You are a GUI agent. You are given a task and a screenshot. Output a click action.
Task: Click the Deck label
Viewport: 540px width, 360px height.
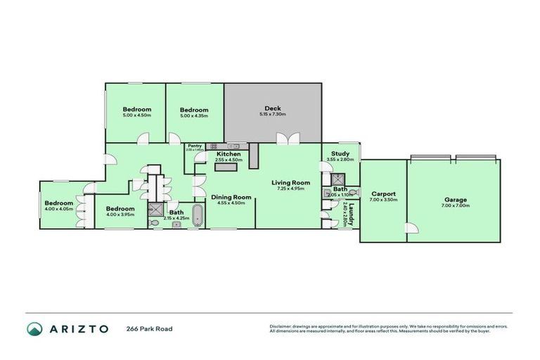[274, 108]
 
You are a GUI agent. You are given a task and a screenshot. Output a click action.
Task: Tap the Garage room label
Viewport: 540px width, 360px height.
[455, 200]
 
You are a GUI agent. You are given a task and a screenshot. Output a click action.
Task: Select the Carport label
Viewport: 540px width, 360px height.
[383, 193]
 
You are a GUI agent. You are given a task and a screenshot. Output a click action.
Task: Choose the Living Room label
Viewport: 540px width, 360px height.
[290, 183]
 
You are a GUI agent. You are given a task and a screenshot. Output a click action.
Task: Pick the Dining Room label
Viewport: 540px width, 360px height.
[231, 197]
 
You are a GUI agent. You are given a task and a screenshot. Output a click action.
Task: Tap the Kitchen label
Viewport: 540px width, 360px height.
[229, 153]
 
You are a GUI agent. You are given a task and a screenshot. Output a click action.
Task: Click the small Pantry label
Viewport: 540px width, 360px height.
[195, 146]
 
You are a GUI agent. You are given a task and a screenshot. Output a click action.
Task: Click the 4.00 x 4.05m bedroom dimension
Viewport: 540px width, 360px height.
[58, 209]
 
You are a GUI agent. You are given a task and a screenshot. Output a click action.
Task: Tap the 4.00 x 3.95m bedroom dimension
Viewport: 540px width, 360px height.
[120, 214]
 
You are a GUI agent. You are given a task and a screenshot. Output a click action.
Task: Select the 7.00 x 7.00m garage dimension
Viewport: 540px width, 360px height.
[455, 205]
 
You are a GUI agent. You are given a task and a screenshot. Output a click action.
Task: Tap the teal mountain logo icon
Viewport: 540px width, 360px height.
[34, 328]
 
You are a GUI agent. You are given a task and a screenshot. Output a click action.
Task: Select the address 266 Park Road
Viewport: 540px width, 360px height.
[149, 328]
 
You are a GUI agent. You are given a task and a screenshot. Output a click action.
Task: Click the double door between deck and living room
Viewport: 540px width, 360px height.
[284, 140]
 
